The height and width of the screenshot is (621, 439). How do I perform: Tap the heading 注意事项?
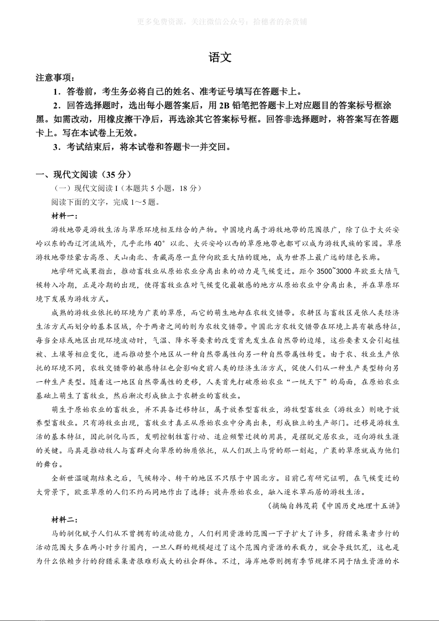pos(55,78)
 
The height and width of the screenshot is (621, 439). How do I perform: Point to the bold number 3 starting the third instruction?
pos(56,147)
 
